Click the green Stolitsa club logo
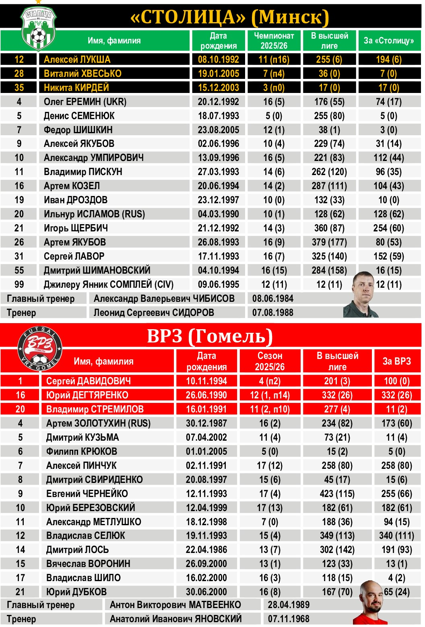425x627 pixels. tap(38, 29)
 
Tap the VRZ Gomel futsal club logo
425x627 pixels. tap(40, 349)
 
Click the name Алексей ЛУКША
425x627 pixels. tap(77, 60)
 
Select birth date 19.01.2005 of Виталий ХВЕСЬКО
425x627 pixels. tap(218, 74)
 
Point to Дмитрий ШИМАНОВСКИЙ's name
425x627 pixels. tap(97, 270)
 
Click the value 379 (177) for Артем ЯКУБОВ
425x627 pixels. tap(329, 242)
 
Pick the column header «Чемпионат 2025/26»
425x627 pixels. tap(274, 41)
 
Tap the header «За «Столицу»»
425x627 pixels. tap(388, 41)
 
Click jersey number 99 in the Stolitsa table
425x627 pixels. tap(19, 285)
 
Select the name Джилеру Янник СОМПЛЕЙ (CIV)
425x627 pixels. tap(109, 285)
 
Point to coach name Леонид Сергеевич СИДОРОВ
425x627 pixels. tap(154, 313)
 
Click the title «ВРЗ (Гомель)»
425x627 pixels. tap(210, 336)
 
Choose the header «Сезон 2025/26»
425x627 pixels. tap(270, 361)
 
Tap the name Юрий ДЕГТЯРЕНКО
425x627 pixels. tap(87, 395)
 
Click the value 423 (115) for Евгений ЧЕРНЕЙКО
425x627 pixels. tap(338, 493)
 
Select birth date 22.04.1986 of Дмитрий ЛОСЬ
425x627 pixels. tap(206, 550)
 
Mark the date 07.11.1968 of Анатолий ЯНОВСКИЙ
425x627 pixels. tap(289, 619)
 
